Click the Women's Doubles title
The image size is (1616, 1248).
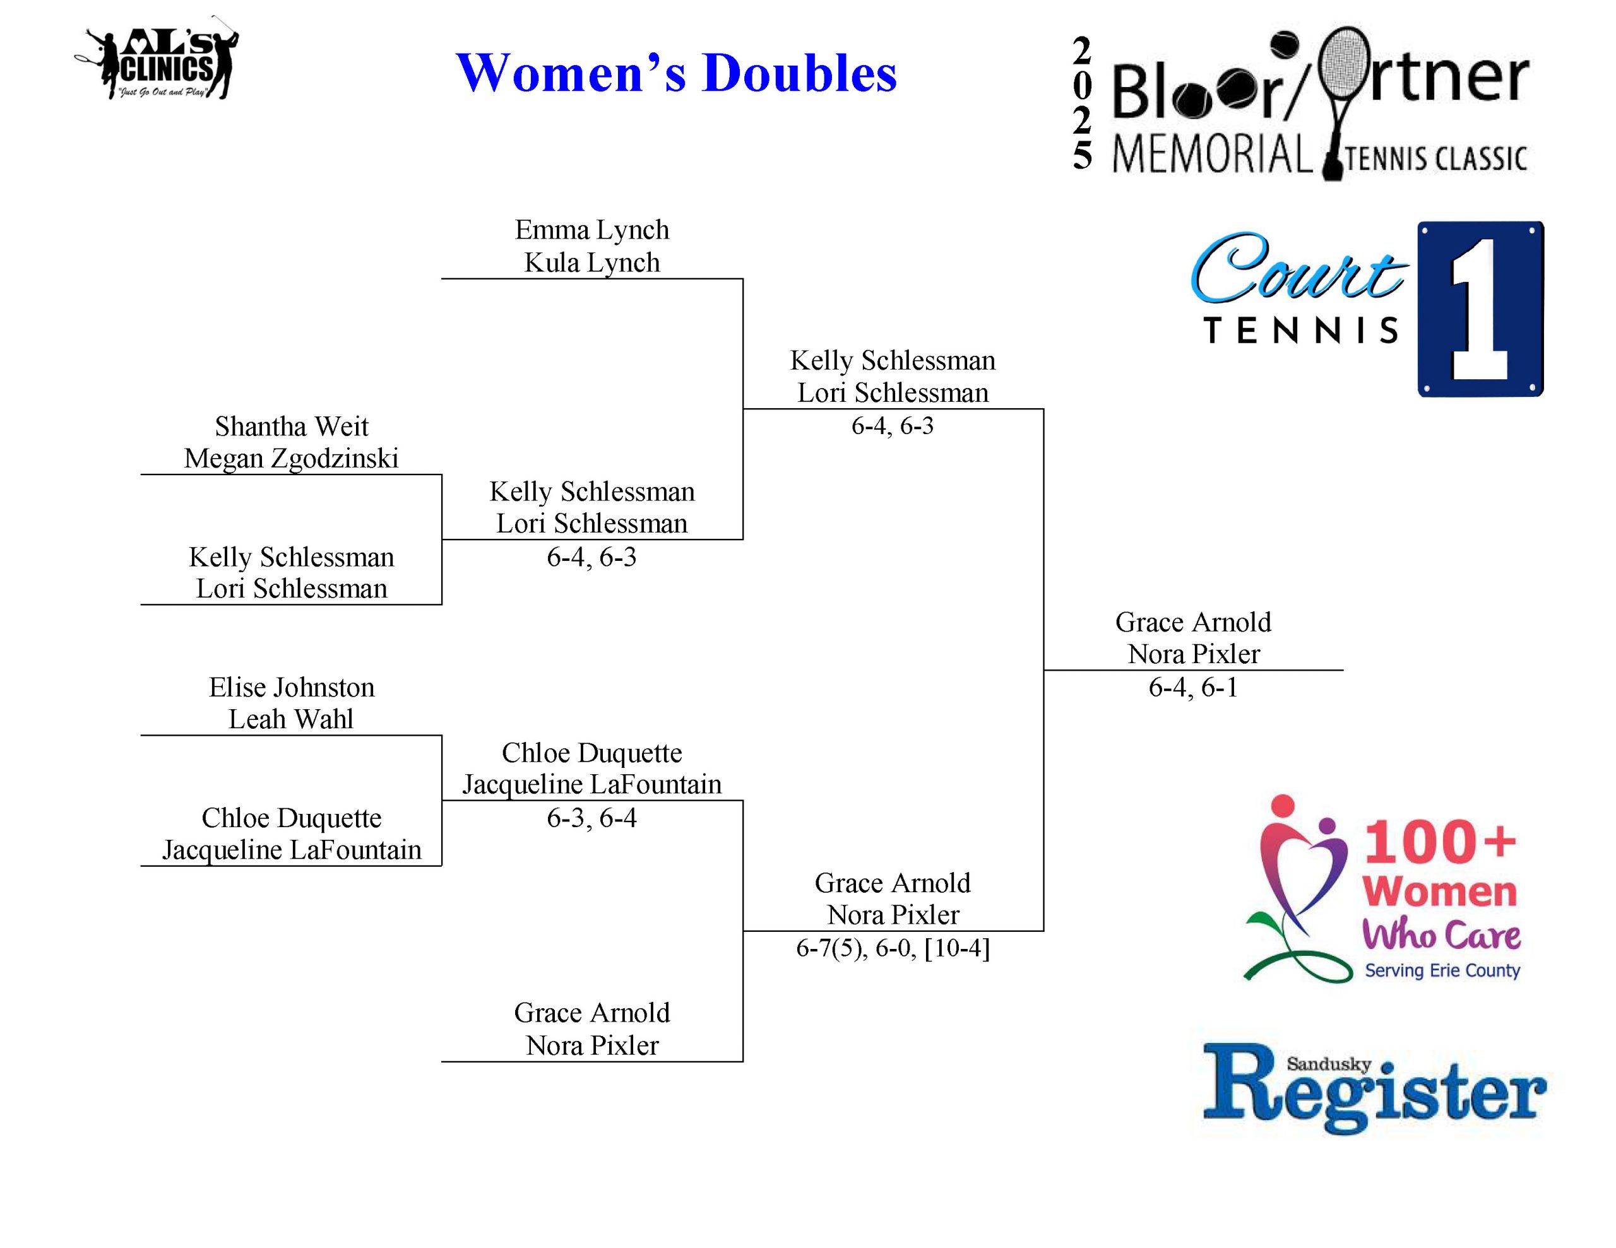tap(675, 73)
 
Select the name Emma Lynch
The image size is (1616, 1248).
tap(592, 230)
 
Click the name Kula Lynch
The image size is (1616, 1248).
tap(592, 262)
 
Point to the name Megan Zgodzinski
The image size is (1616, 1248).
tap(291, 459)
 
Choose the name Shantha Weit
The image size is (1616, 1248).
tap(291, 427)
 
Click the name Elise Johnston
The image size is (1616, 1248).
tap(291, 687)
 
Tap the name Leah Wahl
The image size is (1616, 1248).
tap(291, 719)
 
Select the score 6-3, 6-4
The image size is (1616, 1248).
tap(591, 818)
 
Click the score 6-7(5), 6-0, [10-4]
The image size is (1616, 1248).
tap(893, 948)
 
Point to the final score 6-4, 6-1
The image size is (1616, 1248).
tap(1193, 687)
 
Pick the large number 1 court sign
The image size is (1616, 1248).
tap(1480, 309)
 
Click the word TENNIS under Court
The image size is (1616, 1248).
tap(1302, 331)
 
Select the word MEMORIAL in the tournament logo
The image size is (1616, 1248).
tap(1212, 155)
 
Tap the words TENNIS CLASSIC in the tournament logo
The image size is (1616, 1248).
tap(1435, 159)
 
